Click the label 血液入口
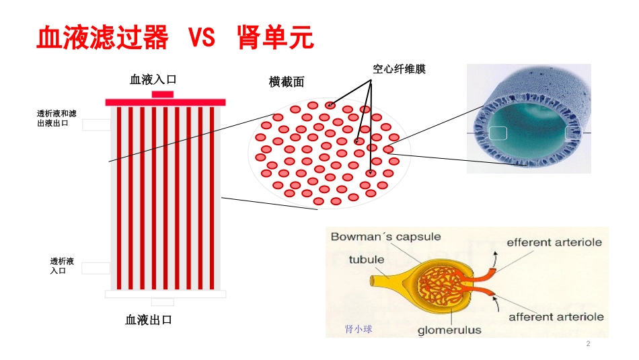click(153, 79)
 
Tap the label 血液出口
click(149, 320)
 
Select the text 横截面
click(287, 82)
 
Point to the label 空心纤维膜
click(399, 69)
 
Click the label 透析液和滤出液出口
click(57, 118)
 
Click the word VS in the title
click(202, 37)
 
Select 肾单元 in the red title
click(276, 37)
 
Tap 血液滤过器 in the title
click(102, 37)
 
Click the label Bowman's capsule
click(385, 237)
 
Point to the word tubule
click(367, 260)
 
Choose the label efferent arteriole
click(554, 243)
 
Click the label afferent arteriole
click(556, 317)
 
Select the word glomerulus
click(449, 330)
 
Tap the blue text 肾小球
click(359, 329)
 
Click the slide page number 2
click(588, 344)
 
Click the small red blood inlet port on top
click(163, 95)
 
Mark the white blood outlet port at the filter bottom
click(163, 302)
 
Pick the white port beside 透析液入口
click(96, 268)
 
